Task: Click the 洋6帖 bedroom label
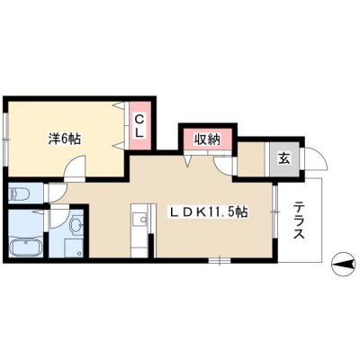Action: [x=64, y=139]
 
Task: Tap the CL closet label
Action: [x=139, y=125]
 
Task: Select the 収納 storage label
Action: [x=206, y=139]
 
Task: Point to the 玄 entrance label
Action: [x=284, y=158]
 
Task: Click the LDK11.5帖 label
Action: [x=209, y=211]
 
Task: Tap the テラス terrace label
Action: [x=299, y=220]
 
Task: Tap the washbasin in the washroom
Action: [x=77, y=224]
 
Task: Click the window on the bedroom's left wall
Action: [x=5, y=139]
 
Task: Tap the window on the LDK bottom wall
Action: [x=220, y=260]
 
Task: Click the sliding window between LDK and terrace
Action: [x=274, y=212]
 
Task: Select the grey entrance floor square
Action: [x=284, y=159]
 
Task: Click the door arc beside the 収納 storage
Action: [x=222, y=166]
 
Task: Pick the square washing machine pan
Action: [x=74, y=247]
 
